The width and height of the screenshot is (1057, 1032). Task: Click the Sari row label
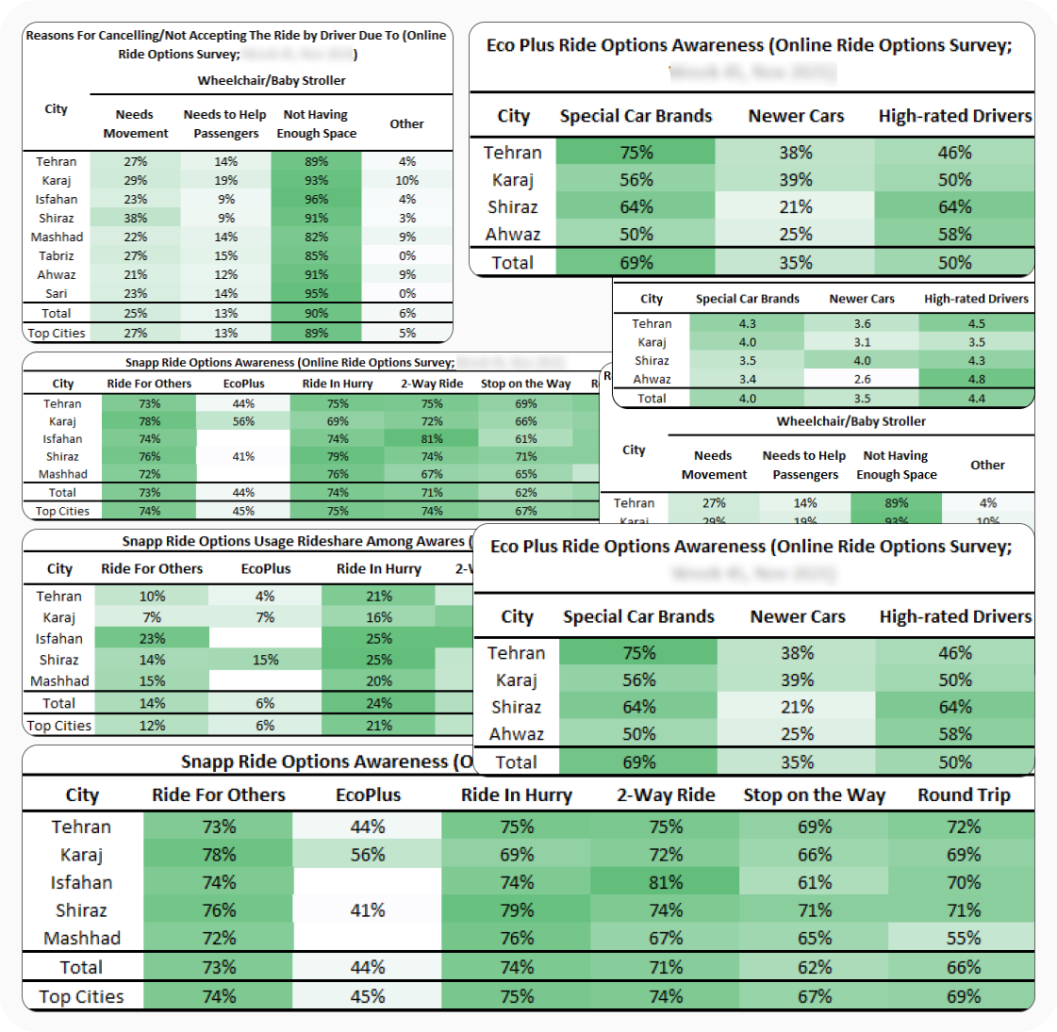[57, 294]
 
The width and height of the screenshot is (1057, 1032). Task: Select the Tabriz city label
[57, 256]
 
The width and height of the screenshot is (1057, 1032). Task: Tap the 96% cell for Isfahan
[316, 200]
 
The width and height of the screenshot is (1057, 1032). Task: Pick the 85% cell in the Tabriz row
[316, 256]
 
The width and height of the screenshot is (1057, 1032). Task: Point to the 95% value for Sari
[316, 294]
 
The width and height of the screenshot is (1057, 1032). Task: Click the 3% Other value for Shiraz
[407, 219]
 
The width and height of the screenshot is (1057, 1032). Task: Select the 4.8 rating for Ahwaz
[976, 380]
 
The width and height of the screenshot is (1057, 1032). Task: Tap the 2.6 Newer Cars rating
[862, 380]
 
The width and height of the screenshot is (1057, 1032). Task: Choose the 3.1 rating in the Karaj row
[862, 342]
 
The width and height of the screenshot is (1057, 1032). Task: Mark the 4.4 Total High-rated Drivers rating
[976, 399]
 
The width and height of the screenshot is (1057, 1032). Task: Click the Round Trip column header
[964, 795]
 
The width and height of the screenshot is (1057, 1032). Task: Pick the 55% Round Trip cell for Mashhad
[964, 939]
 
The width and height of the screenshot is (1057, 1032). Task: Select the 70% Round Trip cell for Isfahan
[964, 883]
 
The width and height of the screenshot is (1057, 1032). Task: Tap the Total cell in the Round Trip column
[964, 968]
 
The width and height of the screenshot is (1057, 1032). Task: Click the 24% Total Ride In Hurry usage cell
[379, 704]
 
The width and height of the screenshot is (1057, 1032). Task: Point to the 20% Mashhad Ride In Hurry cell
[379, 681]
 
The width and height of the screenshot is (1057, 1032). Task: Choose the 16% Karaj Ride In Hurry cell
[379, 618]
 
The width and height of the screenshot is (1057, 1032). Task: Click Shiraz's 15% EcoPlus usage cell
[265, 661]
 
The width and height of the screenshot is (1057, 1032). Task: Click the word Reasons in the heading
[52, 36]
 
